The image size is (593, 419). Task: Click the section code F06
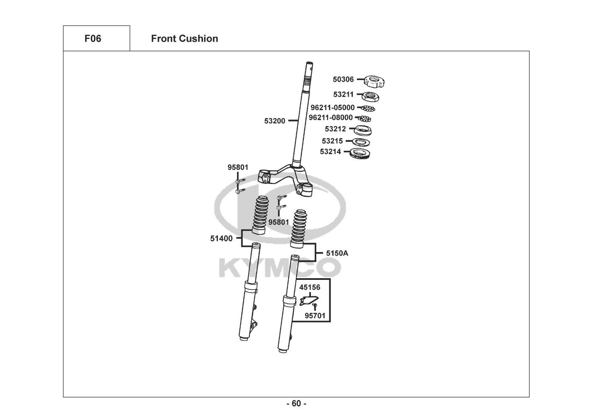click(x=93, y=39)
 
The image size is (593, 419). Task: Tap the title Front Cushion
click(x=184, y=39)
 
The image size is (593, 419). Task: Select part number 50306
click(x=343, y=80)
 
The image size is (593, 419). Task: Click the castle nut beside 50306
click(x=374, y=81)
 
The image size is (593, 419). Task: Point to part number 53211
click(x=343, y=95)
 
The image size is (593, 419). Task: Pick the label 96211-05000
click(x=332, y=108)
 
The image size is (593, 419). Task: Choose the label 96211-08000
click(x=331, y=117)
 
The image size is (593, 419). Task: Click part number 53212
click(x=335, y=129)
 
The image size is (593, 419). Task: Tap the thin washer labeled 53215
click(x=361, y=142)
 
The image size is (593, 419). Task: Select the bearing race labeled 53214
click(x=360, y=153)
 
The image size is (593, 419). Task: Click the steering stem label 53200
click(x=275, y=121)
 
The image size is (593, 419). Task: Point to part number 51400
click(x=221, y=238)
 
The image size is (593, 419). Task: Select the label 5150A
click(x=337, y=253)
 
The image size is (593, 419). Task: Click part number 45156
click(x=310, y=287)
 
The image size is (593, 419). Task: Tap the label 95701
click(x=315, y=316)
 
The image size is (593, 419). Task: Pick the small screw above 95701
click(x=314, y=307)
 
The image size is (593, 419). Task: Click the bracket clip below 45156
click(x=309, y=301)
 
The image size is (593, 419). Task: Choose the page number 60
click(x=297, y=403)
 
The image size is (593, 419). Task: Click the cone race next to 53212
click(x=363, y=130)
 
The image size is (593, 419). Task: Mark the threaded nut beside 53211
click(x=370, y=97)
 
